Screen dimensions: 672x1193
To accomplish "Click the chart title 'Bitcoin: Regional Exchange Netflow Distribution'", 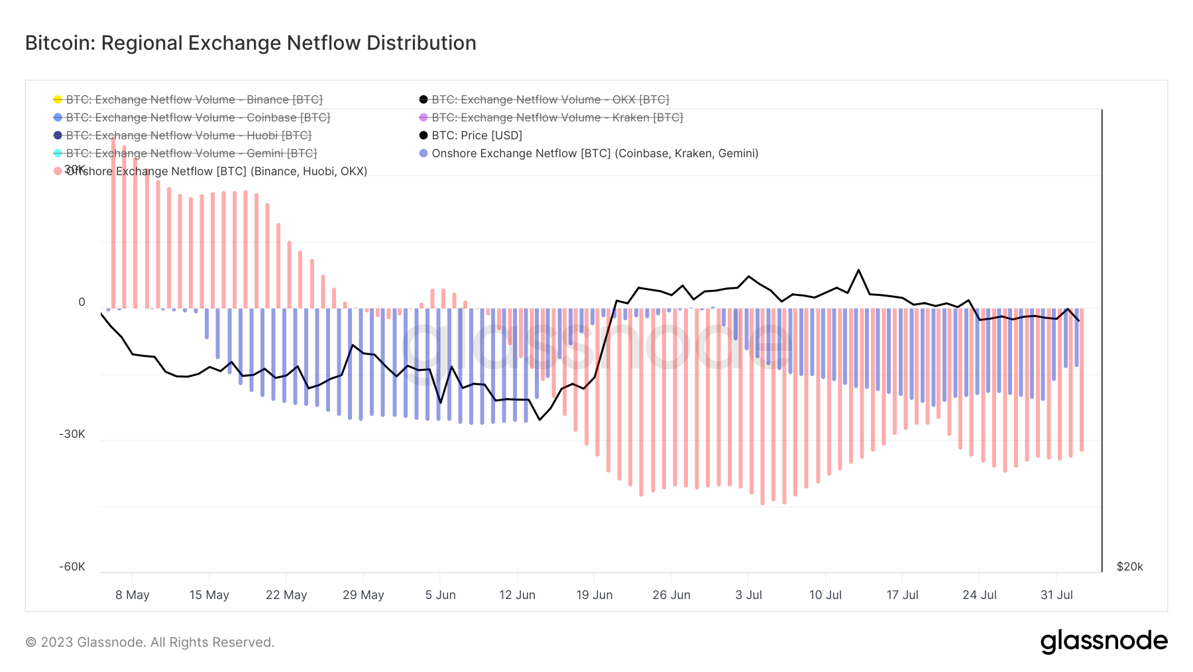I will [x=251, y=43].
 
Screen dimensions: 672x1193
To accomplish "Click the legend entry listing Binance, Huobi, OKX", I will [x=216, y=171].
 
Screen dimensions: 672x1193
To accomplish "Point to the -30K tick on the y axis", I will [x=72, y=434].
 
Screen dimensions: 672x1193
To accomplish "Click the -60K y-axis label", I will [x=72, y=567].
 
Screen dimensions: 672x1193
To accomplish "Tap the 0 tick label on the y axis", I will [x=82, y=302].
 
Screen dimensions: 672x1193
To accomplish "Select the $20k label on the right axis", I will [x=1129, y=567].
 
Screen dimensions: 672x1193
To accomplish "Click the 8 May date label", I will [x=132, y=595].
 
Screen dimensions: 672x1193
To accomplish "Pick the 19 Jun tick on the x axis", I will [x=594, y=595].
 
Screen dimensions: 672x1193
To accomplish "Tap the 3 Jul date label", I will [x=748, y=595].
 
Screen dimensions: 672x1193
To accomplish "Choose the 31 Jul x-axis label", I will [x=1056, y=595].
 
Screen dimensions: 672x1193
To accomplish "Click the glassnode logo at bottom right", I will [x=1104, y=641].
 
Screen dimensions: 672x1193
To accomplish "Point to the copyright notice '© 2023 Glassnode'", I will [x=150, y=642].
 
